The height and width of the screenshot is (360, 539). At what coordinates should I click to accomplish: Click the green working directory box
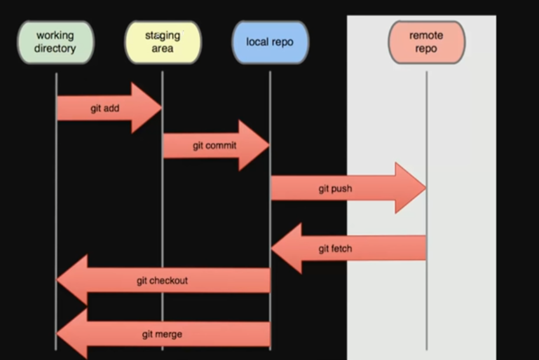55,42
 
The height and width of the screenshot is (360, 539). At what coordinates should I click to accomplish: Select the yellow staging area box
163,42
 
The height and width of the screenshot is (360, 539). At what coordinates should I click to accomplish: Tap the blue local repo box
270,42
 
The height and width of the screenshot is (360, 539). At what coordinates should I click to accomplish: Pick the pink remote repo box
426,42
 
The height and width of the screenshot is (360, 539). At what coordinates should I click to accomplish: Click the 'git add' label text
105,108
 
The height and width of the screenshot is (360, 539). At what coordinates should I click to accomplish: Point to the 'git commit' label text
214,146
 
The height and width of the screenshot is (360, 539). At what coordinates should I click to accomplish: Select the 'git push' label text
335,188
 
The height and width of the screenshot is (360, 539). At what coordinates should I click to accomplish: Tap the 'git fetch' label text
335,249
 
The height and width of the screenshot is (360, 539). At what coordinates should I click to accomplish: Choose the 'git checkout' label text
162,280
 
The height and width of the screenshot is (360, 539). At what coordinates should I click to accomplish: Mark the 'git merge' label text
162,333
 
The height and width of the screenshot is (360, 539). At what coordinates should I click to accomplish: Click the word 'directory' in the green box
55,48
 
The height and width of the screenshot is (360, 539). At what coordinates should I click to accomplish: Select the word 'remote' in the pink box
426,36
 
